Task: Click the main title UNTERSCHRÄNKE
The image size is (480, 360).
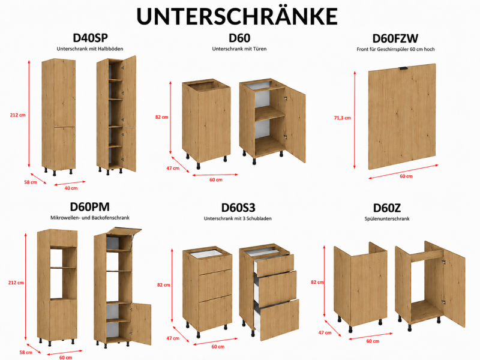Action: point(237,16)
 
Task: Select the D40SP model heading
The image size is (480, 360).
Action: point(91,38)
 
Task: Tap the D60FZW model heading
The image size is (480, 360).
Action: point(395,38)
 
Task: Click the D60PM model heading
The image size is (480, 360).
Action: point(89,207)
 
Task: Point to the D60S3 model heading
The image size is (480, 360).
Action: point(238,208)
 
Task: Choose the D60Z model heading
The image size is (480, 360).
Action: point(386,208)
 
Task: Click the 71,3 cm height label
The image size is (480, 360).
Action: point(343,118)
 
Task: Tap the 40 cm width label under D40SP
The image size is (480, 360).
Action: point(71,188)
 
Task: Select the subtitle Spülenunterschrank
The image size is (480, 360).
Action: point(387,218)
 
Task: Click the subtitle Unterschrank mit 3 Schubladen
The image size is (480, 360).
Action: point(238,218)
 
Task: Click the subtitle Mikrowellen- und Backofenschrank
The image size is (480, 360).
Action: point(90,218)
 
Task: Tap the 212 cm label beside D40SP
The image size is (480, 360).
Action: point(18,115)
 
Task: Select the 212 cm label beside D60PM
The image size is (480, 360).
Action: point(16,283)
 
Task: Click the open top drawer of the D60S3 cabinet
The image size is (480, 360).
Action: point(275,265)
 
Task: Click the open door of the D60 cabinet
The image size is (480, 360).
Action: point(296,124)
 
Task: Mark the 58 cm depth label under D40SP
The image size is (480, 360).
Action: point(31,182)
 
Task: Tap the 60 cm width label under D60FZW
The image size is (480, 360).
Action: point(406,176)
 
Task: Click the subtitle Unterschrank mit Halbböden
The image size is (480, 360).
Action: point(90,49)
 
